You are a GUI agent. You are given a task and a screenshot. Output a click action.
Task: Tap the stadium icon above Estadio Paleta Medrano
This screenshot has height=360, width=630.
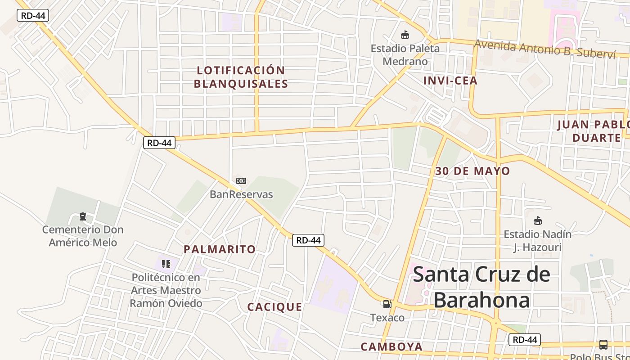(x=405, y=35)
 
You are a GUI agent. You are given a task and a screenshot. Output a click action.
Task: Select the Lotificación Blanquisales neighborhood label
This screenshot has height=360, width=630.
(x=241, y=77)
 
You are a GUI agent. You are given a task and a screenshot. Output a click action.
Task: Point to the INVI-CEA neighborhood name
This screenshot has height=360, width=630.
(x=450, y=81)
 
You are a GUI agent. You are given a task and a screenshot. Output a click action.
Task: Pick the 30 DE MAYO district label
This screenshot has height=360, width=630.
(x=472, y=171)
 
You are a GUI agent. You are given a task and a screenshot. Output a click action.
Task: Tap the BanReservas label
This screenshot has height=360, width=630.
(x=241, y=194)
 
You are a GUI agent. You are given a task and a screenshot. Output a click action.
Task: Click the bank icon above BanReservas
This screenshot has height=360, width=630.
(x=241, y=181)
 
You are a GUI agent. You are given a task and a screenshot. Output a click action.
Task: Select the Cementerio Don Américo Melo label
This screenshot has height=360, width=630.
(x=83, y=236)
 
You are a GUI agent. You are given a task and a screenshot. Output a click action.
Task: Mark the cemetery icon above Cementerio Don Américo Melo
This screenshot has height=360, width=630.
(x=82, y=217)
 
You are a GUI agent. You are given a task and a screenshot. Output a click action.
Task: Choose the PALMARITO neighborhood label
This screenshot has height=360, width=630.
(x=220, y=249)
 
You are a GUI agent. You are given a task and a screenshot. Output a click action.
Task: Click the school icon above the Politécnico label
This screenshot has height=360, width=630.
(x=166, y=264)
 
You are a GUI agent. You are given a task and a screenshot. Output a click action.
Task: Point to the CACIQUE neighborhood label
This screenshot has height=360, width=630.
(x=274, y=307)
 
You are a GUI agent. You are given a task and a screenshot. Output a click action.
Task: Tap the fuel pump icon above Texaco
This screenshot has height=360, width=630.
(x=387, y=304)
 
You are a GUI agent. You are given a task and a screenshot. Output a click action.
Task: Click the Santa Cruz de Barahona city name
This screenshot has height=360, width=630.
(x=481, y=287)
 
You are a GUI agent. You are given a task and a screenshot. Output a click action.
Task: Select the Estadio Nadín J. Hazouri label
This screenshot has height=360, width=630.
(x=538, y=241)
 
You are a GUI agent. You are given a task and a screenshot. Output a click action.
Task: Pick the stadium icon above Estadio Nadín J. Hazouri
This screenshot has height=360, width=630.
(x=537, y=221)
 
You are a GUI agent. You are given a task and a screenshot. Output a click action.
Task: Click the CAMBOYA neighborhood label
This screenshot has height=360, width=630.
(x=391, y=346)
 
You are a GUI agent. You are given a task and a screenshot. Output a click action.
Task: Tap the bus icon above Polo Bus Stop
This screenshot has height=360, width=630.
(x=603, y=345)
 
